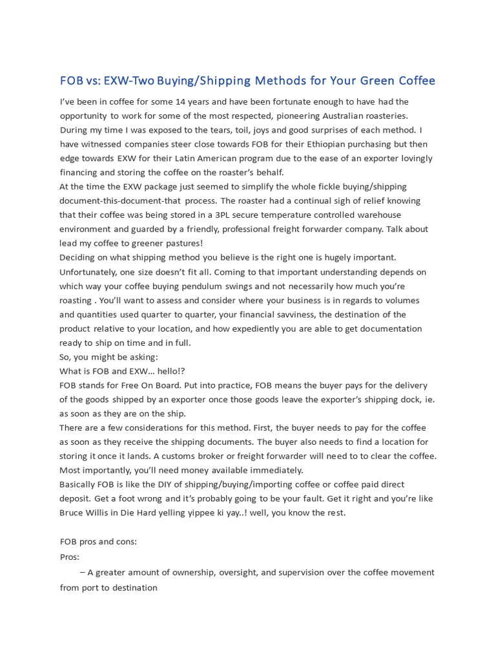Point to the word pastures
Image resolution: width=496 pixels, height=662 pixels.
point(178,243)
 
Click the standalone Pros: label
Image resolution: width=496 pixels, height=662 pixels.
point(70,556)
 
